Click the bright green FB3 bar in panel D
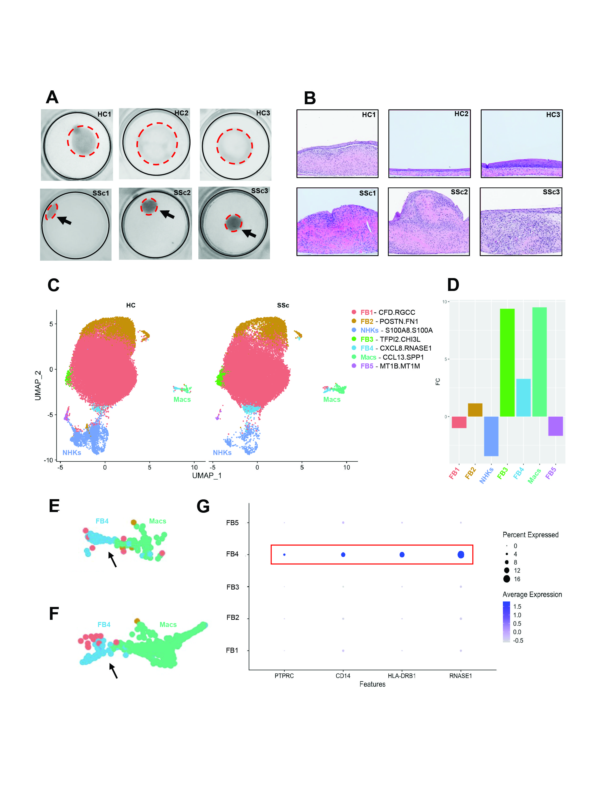tap(507, 362)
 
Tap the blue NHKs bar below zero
tap(491, 436)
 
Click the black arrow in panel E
tap(113, 560)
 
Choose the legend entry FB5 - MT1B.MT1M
tap(390, 366)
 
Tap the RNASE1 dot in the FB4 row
tap(461, 554)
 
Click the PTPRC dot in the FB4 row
tap(284, 554)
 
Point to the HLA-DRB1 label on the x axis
tap(402, 676)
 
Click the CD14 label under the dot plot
tap(343, 676)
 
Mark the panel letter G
tap(203, 506)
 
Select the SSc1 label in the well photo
tap(100, 193)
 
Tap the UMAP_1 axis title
tap(207, 476)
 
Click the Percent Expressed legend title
tap(530, 535)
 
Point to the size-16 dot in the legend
tap(507, 579)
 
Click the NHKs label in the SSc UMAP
tap(222, 453)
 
